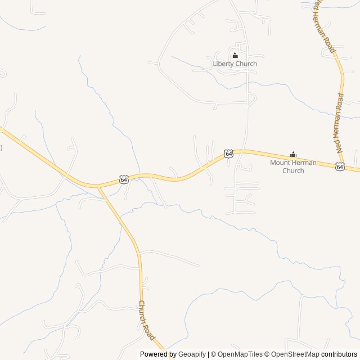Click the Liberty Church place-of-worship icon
tap(235, 55)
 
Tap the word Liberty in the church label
tap(223, 64)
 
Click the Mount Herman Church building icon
tap(293, 155)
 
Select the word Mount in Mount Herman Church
tap(280, 163)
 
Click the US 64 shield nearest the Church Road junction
tap(124, 179)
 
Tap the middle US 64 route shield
tap(228, 154)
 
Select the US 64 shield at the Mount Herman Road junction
tap(340, 166)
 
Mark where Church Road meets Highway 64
tap(99, 186)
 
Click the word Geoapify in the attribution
tap(192, 354)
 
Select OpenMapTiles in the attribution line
tap(240, 354)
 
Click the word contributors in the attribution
tap(339, 354)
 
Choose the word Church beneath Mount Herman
tap(293, 170)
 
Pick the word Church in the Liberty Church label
tap(246, 64)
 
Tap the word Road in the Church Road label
tap(151, 330)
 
